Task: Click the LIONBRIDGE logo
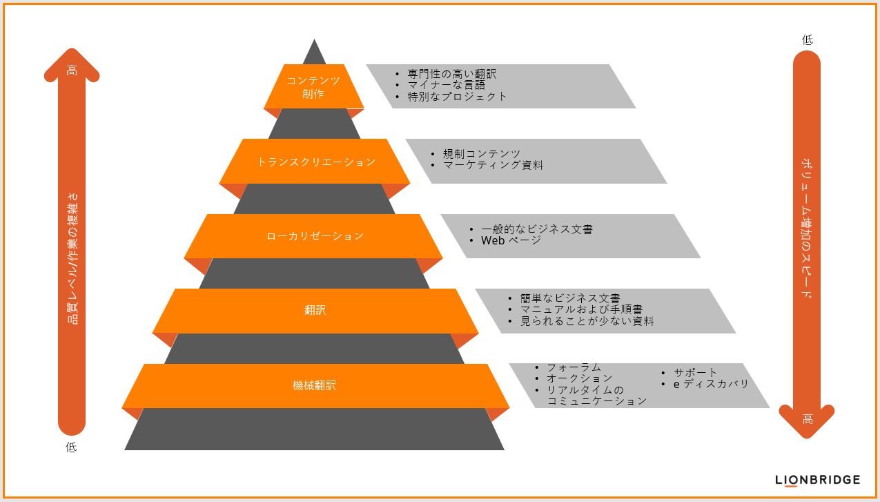pyautogui.click(x=817, y=480)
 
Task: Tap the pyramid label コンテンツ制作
pyautogui.click(x=313, y=87)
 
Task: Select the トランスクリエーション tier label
pyautogui.click(x=316, y=162)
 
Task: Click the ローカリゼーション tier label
pyautogui.click(x=315, y=236)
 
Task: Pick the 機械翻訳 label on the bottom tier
pyautogui.click(x=314, y=385)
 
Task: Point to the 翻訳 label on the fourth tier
pyautogui.click(x=315, y=310)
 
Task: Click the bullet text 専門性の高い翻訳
pyautogui.click(x=452, y=74)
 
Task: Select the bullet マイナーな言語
pyautogui.click(x=447, y=85)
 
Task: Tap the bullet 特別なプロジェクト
pyautogui.click(x=457, y=96)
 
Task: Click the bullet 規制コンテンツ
pyautogui.click(x=482, y=154)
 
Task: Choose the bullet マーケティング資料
pyautogui.click(x=493, y=165)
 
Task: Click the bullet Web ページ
pyautogui.click(x=511, y=240)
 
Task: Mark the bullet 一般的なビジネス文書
pyautogui.click(x=537, y=229)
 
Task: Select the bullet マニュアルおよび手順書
pyautogui.click(x=581, y=310)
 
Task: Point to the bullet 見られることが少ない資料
pyautogui.click(x=587, y=321)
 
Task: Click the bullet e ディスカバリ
pyautogui.click(x=711, y=384)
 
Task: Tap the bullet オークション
pyautogui.click(x=580, y=378)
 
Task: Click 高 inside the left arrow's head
pyautogui.click(x=72, y=70)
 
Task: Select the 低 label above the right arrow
pyautogui.click(x=808, y=39)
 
